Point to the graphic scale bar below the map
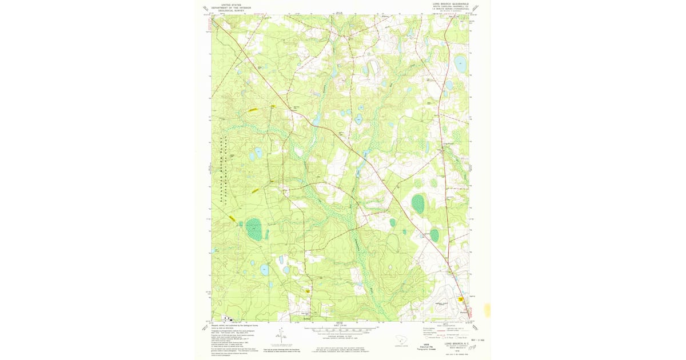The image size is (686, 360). tap(341, 330)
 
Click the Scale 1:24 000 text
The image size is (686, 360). tap(341, 326)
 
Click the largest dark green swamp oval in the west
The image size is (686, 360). tap(254, 230)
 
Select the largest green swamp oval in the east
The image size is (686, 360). tap(418, 203)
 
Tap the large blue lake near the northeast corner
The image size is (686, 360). tap(460, 65)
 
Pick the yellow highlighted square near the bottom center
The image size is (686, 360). tap(308, 290)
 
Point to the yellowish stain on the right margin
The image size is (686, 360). tap(487, 310)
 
